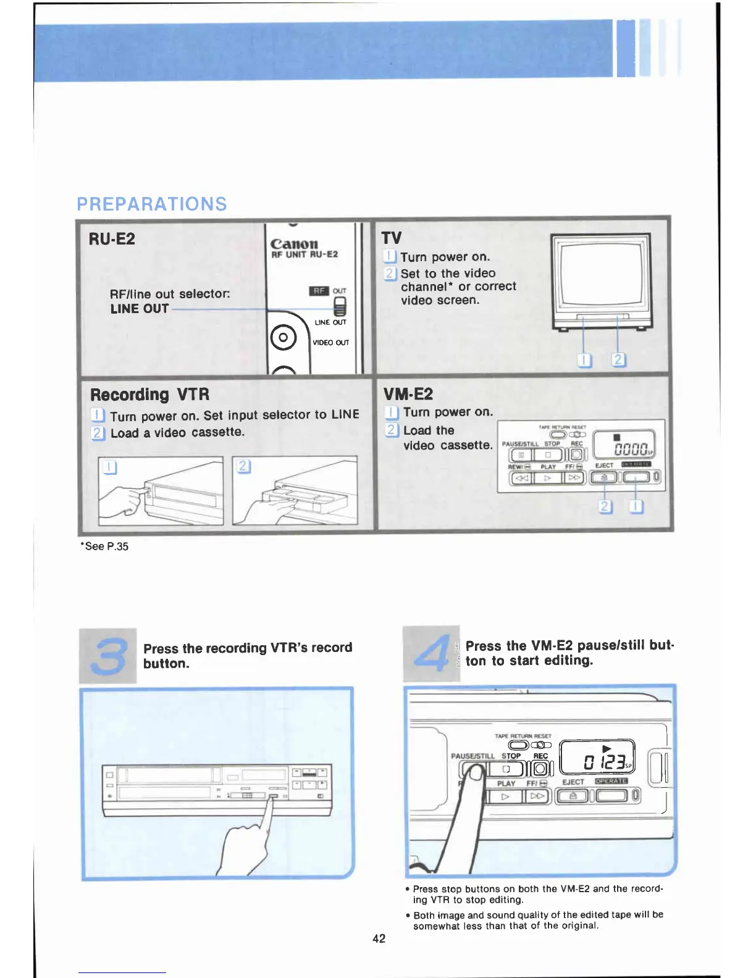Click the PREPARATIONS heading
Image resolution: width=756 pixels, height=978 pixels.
(x=152, y=204)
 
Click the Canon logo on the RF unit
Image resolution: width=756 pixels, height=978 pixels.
(x=295, y=244)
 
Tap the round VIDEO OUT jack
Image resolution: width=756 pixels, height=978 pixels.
(x=283, y=338)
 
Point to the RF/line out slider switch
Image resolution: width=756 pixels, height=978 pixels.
(x=340, y=306)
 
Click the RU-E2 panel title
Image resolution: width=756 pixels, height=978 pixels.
(x=112, y=239)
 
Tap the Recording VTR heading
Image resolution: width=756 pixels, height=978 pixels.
(x=150, y=395)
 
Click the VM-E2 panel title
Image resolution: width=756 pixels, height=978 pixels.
(x=408, y=394)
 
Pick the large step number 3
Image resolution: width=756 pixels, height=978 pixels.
(x=108, y=656)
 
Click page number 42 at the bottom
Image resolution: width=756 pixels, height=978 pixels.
(x=379, y=938)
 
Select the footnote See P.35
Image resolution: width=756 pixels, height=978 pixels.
(x=104, y=546)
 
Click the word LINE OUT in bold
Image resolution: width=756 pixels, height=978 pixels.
(x=140, y=309)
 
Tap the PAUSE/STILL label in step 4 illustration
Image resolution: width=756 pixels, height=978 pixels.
(x=472, y=756)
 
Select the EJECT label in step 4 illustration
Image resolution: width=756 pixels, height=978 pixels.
(x=573, y=782)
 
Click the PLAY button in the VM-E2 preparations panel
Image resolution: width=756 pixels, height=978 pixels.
(x=547, y=478)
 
